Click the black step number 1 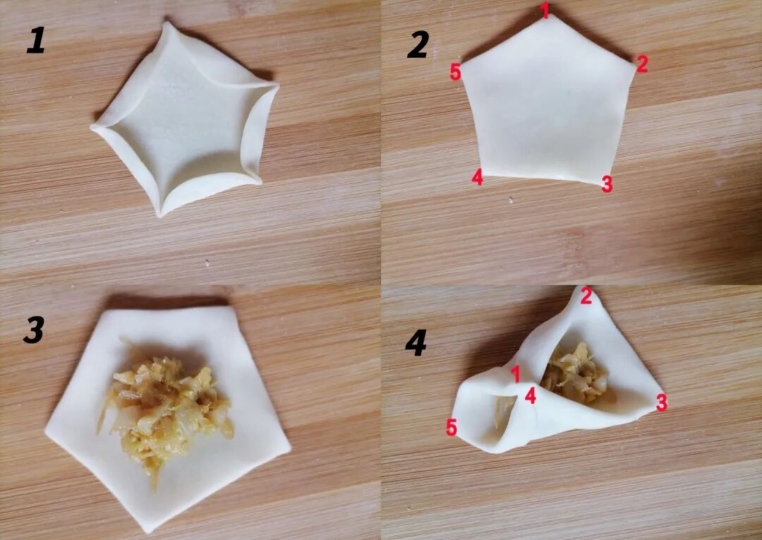(x=35, y=40)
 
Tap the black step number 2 (x=418, y=44)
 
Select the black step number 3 (x=34, y=330)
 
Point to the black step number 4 (x=416, y=342)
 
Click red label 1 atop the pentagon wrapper (x=545, y=10)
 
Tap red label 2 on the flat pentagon (x=642, y=64)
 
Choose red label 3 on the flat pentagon (x=607, y=184)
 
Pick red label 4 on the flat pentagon (x=477, y=177)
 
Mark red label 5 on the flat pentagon (x=455, y=71)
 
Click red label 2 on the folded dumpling (x=586, y=296)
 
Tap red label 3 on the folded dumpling (x=661, y=402)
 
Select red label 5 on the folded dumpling (x=452, y=428)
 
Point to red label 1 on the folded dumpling (x=516, y=374)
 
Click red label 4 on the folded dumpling (x=530, y=395)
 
